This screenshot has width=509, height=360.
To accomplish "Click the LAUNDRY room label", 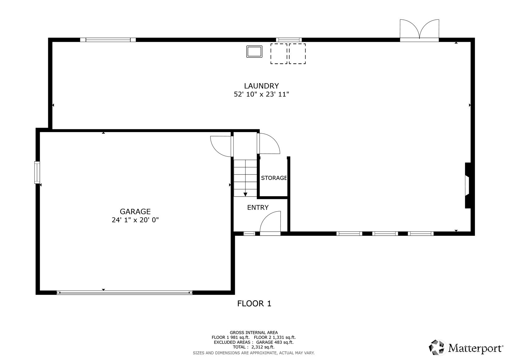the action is click(x=261, y=86).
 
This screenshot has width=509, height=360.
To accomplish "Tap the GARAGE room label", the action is click(x=135, y=212).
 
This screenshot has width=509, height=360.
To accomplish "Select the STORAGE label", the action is click(x=274, y=178).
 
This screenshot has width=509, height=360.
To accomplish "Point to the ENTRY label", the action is click(x=258, y=208).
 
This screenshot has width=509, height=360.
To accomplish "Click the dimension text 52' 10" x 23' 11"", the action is click(x=261, y=94).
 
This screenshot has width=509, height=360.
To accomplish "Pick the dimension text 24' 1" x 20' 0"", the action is click(x=135, y=220).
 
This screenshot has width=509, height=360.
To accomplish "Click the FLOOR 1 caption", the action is click(x=254, y=304).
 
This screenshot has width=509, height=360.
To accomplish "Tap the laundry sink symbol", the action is click(x=254, y=52).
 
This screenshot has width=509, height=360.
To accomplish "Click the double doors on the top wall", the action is click(x=419, y=31).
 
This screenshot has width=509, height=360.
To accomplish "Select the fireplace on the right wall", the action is click(x=468, y=185).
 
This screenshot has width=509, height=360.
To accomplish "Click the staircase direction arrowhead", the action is click(x=245, y=195).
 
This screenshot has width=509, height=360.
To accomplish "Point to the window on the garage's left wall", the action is click(x=37, y=172).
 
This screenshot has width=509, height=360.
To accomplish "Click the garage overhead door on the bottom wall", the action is click(x=125, y=293).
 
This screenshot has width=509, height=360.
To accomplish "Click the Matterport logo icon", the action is click(x=436, y=347).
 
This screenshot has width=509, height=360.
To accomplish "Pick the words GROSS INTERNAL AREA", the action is click(x=254, y=332).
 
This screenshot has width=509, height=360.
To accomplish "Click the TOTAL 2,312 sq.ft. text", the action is click(x=254, y=347).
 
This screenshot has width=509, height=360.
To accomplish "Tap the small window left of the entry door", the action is click(x=249, y=233).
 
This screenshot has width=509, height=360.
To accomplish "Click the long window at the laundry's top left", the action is click(x=108, y=40).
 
